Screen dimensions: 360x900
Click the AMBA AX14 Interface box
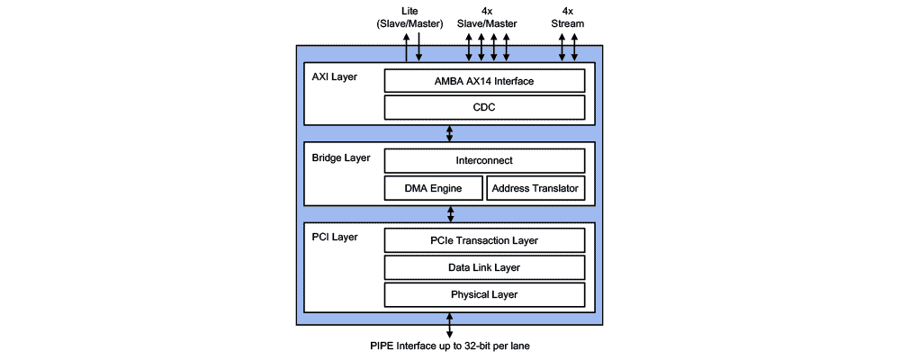(485, 81)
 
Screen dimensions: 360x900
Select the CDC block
(485, 108)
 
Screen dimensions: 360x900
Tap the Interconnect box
(485, 161)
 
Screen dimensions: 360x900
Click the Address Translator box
(536, 188)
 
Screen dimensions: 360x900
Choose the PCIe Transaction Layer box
(485, 240)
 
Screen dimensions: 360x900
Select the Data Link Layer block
(485, 267)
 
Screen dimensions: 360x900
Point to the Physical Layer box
(485, 294)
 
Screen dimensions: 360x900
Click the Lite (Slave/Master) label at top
(409, 18)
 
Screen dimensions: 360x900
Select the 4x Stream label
(568, 18)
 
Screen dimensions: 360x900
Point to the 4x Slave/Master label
(485, 18)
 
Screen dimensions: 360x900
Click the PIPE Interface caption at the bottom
(450, 346)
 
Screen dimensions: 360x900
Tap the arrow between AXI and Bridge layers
(450, 133)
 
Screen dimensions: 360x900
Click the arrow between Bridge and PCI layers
(450, 214)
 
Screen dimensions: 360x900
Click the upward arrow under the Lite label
(406, 49)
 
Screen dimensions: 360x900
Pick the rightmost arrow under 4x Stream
(575, 49)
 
